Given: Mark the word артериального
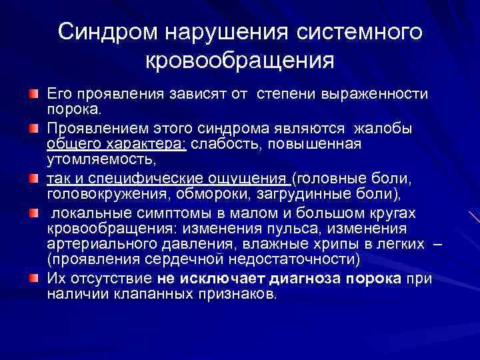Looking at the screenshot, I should coord(95,244).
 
